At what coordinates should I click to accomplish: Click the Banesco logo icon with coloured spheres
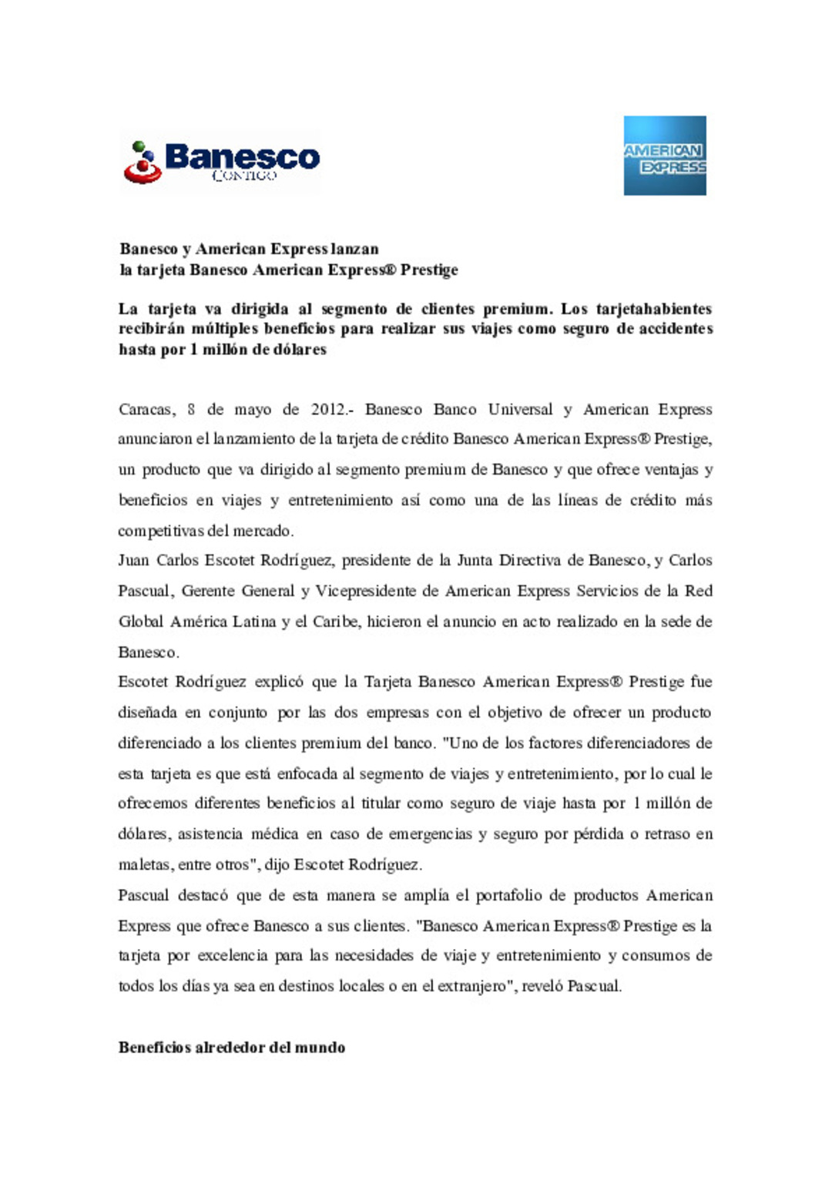click(x=143, y=163)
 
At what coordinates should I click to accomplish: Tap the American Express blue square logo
click(x=665, y=156)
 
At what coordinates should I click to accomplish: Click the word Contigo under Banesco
click(x=243, y=176)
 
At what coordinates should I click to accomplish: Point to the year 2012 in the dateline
click(x=328, y=410)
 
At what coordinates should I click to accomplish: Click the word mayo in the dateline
click(x=253, y=410)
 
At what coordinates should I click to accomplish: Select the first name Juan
click(x=133, y=561)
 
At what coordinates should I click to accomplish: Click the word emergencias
click(x=430, y=834)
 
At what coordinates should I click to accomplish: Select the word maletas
click(x=143, y=865)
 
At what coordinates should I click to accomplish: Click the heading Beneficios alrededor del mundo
click(x=231, y=1048)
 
